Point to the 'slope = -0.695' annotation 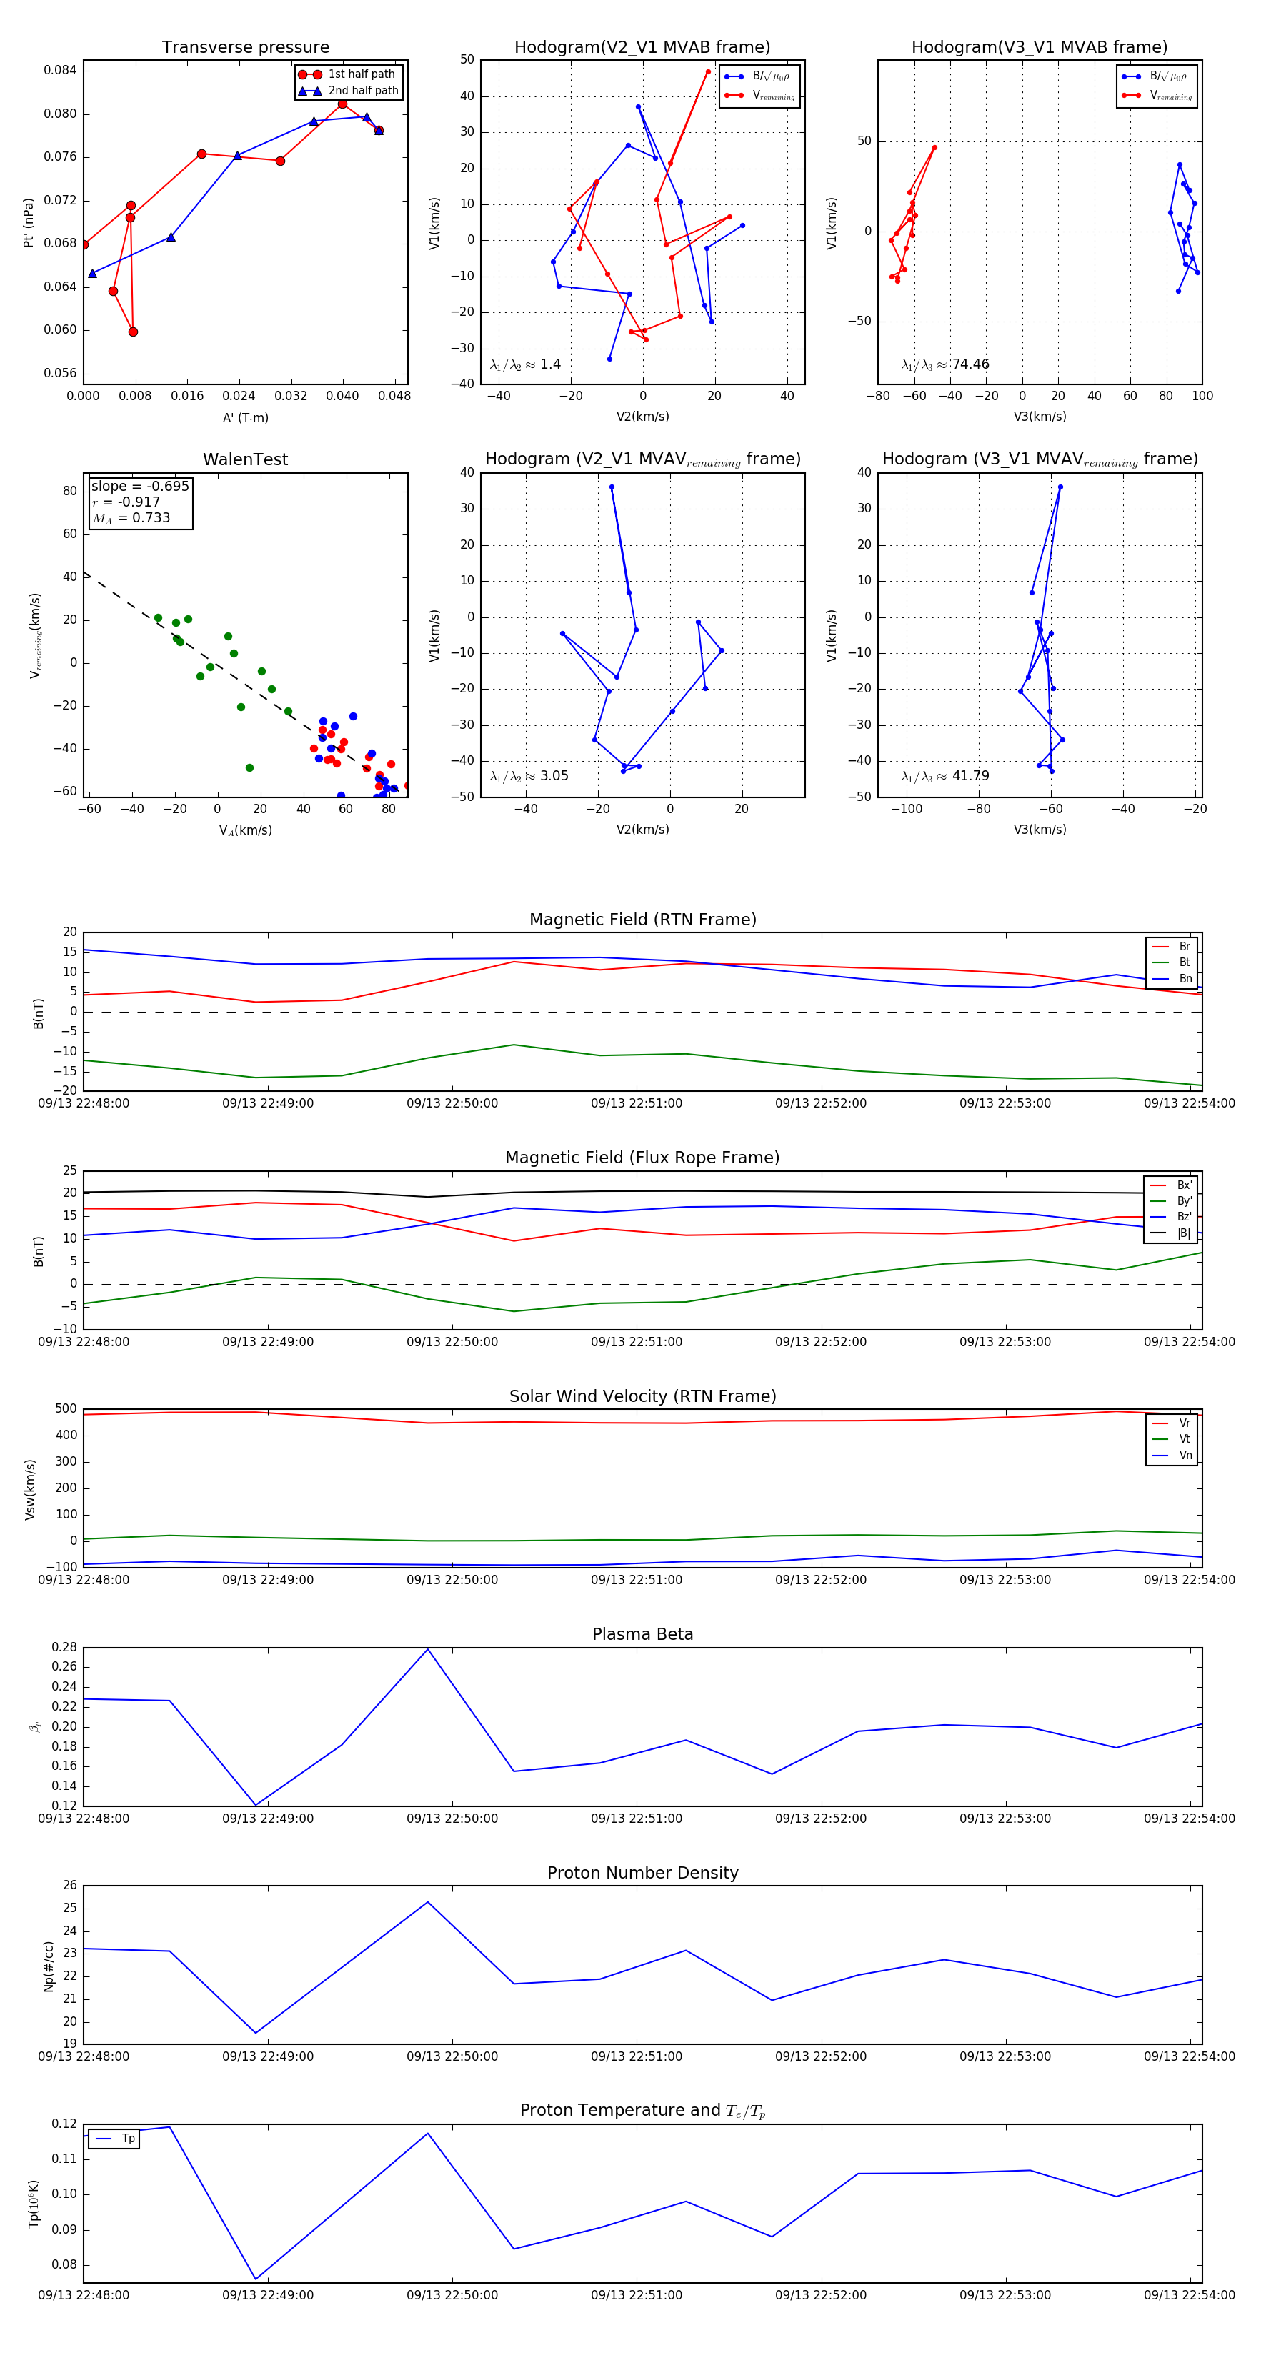(x=140, y=486)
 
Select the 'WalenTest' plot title (x=245, y=459)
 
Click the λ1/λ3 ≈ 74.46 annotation (x=944, y=364)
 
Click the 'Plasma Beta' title (x=642, y=1634)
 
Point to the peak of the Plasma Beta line (x=427, y=1649)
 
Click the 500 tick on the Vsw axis (x=65, y=1409)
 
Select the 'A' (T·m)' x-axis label (x=245, y=417)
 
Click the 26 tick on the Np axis (x=69, y=1886)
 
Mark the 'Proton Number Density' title (x=642, y=1873)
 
